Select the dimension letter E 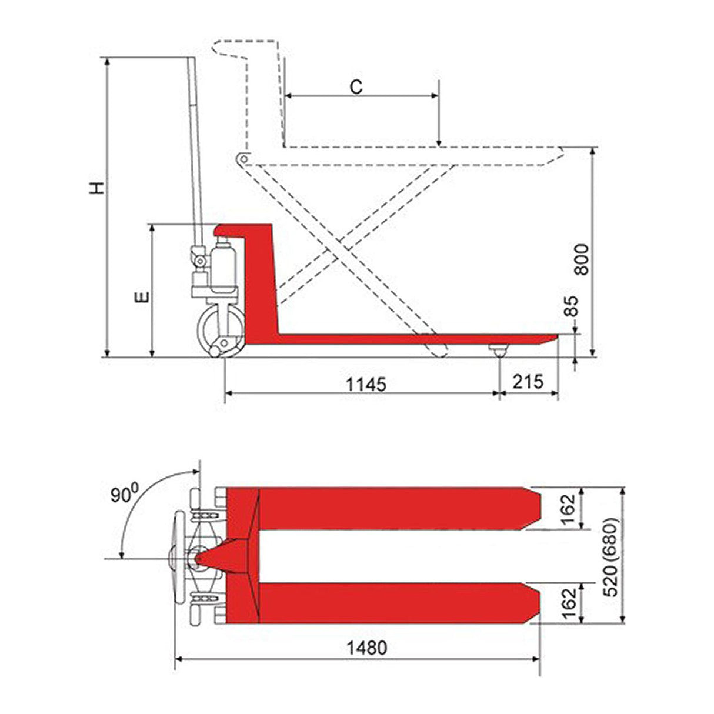click(x=142, y=297)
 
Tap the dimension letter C click(x=356, y=88)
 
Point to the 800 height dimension click(x=581, y=259)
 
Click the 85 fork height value click(x=571, y=306)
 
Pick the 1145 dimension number click(x=366, y=385)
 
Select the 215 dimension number click(x=528, y=382)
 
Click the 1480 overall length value click(x=367, y=648)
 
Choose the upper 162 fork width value click(x=568, y=511)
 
